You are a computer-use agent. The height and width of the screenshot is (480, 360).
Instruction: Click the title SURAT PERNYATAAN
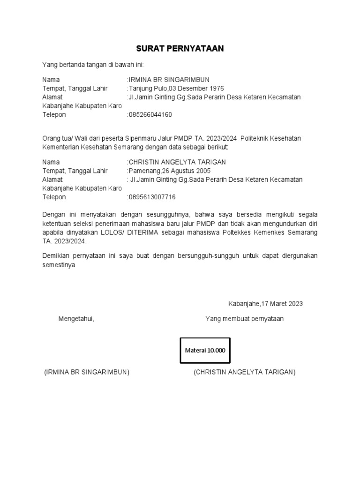pyautogui.click(x=180, y=49)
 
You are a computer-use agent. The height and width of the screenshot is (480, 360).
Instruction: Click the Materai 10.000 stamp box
pyautogui.click(x=205, y=351)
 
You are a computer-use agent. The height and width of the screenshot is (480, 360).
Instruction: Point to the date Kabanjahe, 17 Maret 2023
pyautogui.click(x=265, y=303)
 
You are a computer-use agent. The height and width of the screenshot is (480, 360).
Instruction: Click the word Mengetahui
pyautogui.click(x=76, y=319)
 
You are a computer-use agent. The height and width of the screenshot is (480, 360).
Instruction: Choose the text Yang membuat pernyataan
pyautogui.click(x=244, y=319)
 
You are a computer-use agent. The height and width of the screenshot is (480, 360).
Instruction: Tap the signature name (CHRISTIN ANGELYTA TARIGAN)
pyautogui.click(x=244, y=372)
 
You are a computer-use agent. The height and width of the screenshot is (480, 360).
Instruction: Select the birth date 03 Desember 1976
pyautogui.click(x=189, y=88)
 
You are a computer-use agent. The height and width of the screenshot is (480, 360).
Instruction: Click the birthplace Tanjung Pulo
pyautogui.click(x=145, y=88)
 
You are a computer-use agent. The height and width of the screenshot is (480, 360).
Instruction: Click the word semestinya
pyautogui.click(x=59, y=264)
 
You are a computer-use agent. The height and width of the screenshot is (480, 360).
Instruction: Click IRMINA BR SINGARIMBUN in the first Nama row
pyautogui.click(x=169, y=79)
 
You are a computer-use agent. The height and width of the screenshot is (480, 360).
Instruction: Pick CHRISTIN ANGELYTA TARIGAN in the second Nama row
pyautogui.click(x=177, y=162)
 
